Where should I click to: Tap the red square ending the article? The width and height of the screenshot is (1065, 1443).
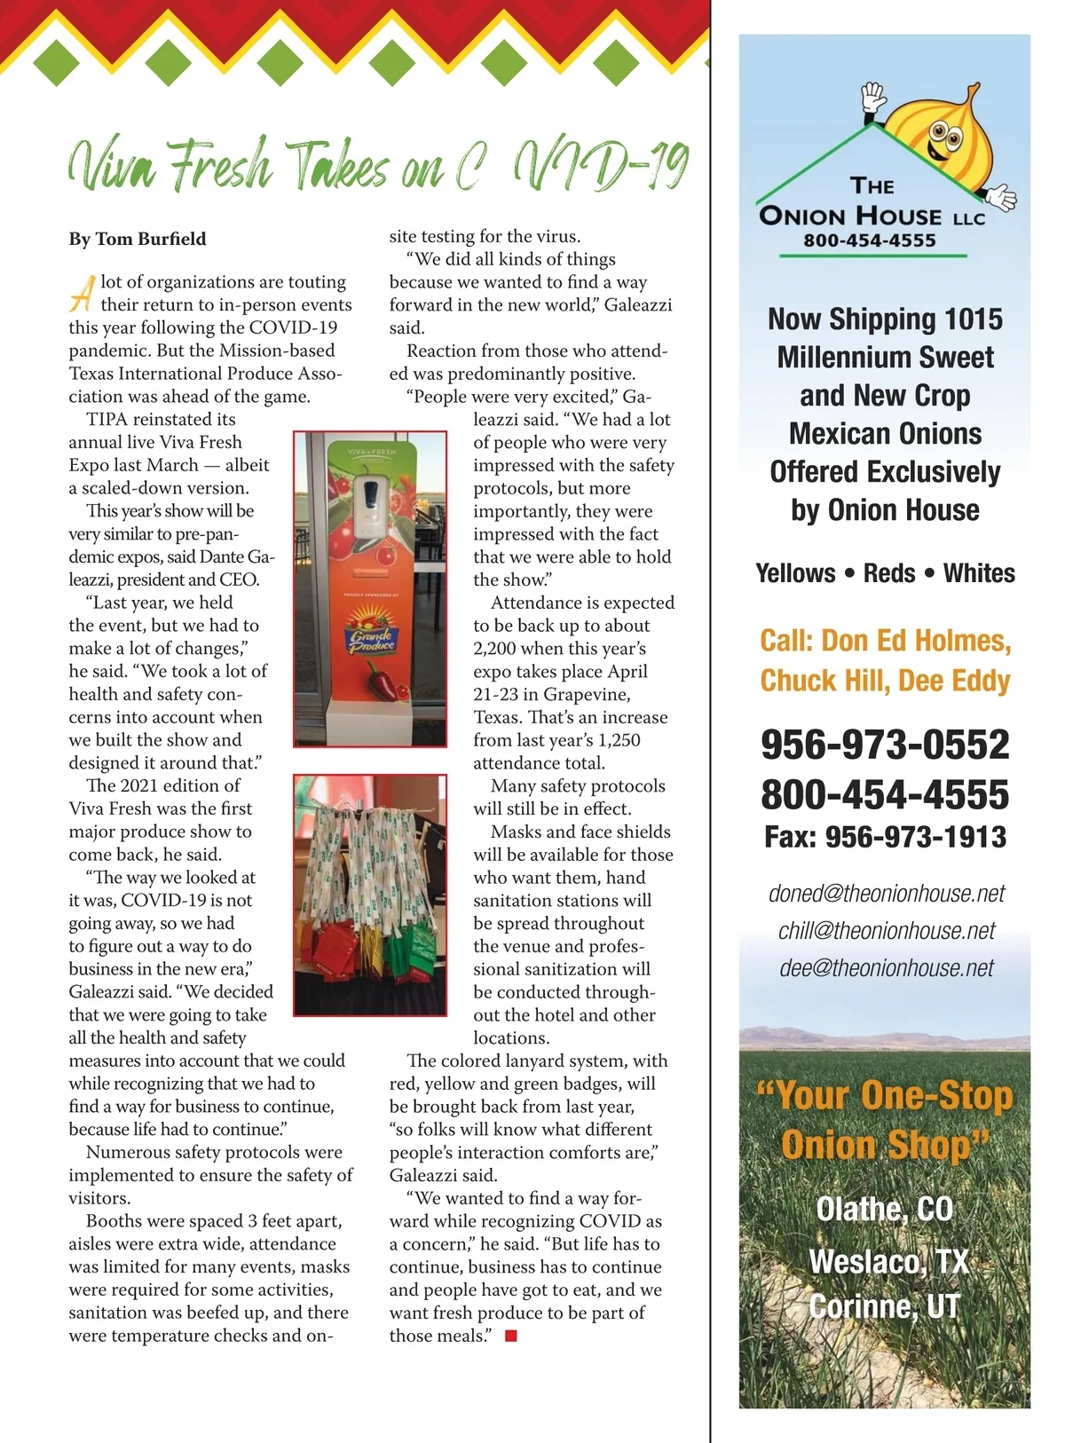[x=511, y=1336]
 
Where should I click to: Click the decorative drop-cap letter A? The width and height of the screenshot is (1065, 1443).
[x=82, y=293]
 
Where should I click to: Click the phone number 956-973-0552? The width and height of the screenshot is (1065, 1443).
[x=885, y=745]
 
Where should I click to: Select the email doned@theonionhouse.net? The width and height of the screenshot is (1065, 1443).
[x=886, y=894]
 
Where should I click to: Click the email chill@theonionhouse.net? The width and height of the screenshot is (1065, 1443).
[x=886, y=931]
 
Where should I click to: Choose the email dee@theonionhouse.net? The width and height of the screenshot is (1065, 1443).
[x=886, y=968]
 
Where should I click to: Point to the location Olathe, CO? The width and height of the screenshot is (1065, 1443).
[x=884, y=1210]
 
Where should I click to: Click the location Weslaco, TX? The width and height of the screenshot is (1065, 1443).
[x=887, y=1261]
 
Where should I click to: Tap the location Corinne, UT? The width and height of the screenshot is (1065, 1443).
[x=884, y=1306]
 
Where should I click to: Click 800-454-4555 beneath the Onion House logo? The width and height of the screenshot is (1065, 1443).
[x=870, y=240]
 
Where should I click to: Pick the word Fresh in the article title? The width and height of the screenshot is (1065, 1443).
[x=220, y=166]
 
